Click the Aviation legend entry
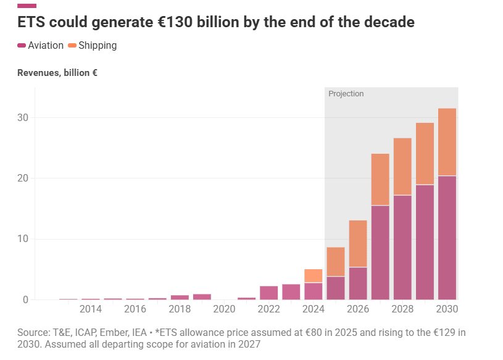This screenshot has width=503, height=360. [41, 46]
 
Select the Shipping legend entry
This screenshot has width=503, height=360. [92, 46]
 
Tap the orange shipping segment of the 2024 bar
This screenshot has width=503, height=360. [313, 275]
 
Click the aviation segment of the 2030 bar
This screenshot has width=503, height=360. [447, 238]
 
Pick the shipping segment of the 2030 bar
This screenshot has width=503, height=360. [447, 142]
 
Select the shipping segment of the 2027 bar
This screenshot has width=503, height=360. [380, 179]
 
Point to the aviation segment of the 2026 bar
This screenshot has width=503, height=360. [358, 283]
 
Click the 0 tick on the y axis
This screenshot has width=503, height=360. [25, 300]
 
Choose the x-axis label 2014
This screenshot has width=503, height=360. [91, 309]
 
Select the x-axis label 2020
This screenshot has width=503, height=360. [224, 309]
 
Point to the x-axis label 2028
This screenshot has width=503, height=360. [402, 309]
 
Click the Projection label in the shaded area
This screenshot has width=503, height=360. [346, 94]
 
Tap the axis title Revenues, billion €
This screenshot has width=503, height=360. [57, 73]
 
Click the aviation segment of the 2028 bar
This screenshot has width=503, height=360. [402, 247]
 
